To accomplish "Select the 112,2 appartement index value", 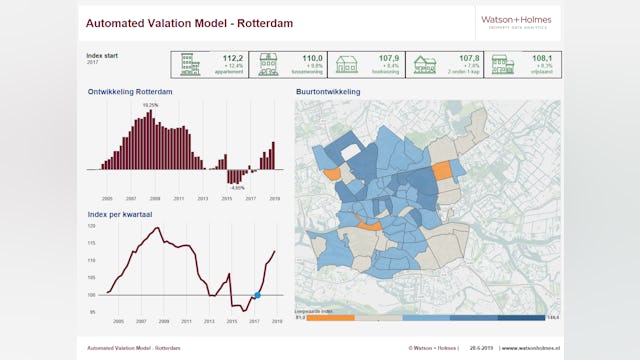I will pyautogui.click(x=233, y=58).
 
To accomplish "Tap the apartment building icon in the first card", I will pyautogui.click(x=187, y=65).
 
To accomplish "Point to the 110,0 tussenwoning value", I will pyautogui.click(x=312, y=58).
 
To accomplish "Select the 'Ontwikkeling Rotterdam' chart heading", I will pyautogui.click(x=130, y=92).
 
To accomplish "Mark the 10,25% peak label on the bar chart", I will pyautogui.click(x=150, y=105).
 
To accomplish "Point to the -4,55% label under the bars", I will pyautogui.click(x=236, y=187).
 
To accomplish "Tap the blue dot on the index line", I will pyautogui.click(x=257, y=295).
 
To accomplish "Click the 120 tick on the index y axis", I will pyautogui.click(x=92, y=227).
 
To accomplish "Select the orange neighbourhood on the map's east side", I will pyautogui.click(x=441, y=171).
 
